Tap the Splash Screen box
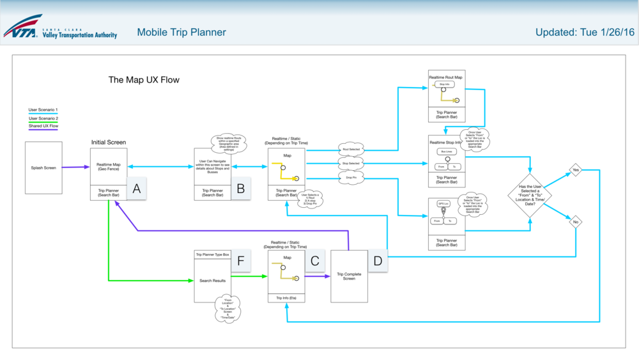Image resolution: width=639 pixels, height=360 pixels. coord(43,168)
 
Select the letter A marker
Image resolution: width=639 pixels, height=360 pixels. coord(135,189)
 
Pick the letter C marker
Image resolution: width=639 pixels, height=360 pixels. coord(314,261)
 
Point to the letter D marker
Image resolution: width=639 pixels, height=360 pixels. coord(378,261)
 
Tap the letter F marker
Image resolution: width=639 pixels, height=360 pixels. coord(241,261)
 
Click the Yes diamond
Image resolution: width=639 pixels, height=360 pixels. coord(576,171)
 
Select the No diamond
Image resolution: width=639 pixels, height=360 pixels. coord(576,222)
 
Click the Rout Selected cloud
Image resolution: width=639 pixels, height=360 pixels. coord(351,149)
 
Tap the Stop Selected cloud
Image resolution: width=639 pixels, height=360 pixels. coord(351,164)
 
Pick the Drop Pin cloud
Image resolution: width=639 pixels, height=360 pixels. coord(350,178)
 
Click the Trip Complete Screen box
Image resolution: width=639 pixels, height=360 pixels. coord(349,276)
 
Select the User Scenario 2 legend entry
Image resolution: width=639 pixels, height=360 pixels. coord(43,118)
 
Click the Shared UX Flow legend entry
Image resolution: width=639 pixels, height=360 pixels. coord(43,126)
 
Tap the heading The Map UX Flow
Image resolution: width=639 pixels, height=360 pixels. coord(144,80)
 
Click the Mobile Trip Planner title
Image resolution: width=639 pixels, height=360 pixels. coord(181,32)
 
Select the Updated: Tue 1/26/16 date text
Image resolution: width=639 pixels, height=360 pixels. coord(585,32)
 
